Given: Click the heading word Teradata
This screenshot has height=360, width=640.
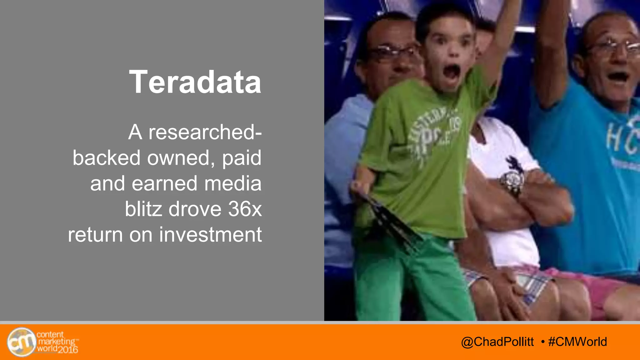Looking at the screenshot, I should point(195,82).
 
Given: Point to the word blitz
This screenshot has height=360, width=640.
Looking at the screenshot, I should point(143,209).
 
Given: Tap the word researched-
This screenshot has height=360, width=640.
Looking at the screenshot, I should point(205,132).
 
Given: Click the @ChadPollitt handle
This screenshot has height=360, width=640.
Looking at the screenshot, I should point(497,342).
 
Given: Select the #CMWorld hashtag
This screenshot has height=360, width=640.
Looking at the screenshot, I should point(577,342).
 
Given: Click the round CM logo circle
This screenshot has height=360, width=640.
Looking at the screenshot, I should point(21,342).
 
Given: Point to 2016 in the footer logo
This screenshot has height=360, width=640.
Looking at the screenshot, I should point(68,349).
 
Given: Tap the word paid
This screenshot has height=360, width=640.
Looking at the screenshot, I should point(242,158).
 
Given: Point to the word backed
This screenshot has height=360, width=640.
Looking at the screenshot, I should point(107,158).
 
